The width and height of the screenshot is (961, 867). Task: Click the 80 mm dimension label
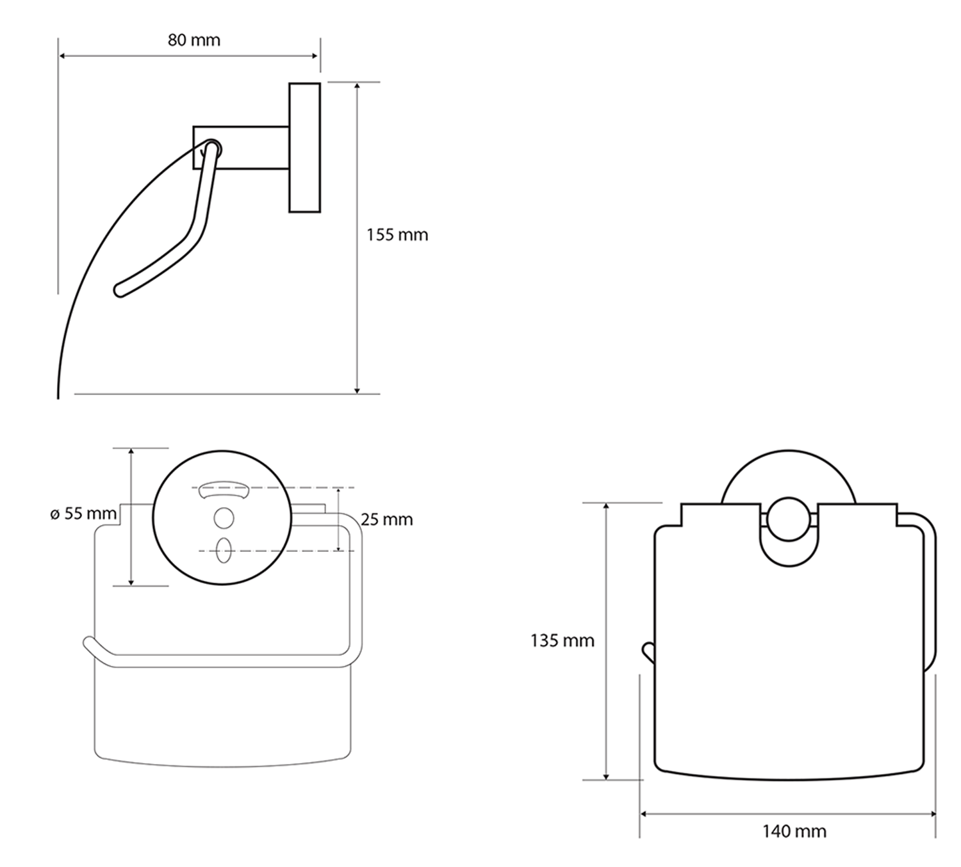pyautogui.click(x=193, y=40)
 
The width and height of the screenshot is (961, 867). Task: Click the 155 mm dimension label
pyautogui.click(x=397, y=235)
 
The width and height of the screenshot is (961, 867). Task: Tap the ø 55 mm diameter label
pyautogui.click(x=83, y=514)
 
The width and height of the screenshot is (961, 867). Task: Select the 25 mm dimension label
pyautogui.click(x=386, y=519)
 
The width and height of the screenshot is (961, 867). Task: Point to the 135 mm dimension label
pyautogui.click(x=562, y=640)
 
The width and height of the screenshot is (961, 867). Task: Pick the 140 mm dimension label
pyautogui.click(x=794, y=832)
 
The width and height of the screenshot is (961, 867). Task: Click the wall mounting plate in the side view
pyautogui.click(x=304, y=147)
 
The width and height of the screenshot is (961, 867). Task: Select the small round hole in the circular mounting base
pyautogui.click(x=224, y=518)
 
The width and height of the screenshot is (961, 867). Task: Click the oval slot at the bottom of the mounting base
pyautogui.click(x=224, y=551)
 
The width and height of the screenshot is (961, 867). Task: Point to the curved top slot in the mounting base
pyautogui.click(x=223, y=492)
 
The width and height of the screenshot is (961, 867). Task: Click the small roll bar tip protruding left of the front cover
pyautogui.click(x=646, y=652)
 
